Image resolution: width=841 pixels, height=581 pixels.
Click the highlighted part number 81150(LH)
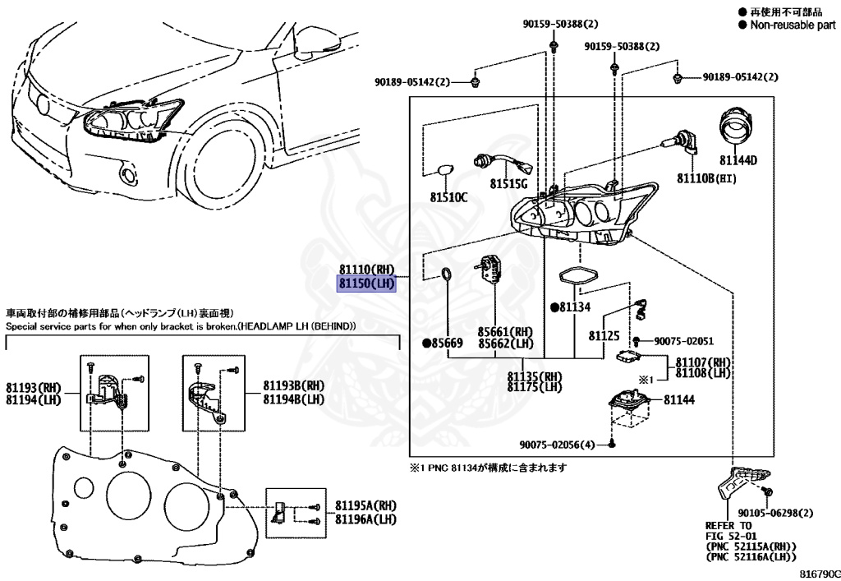367,284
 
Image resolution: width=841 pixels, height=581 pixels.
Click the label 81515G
509,183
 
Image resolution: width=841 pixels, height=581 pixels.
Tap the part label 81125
604,335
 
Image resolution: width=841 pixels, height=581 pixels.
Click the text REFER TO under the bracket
728,525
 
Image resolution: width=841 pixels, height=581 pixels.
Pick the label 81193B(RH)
292,385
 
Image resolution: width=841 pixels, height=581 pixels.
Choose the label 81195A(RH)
365,506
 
